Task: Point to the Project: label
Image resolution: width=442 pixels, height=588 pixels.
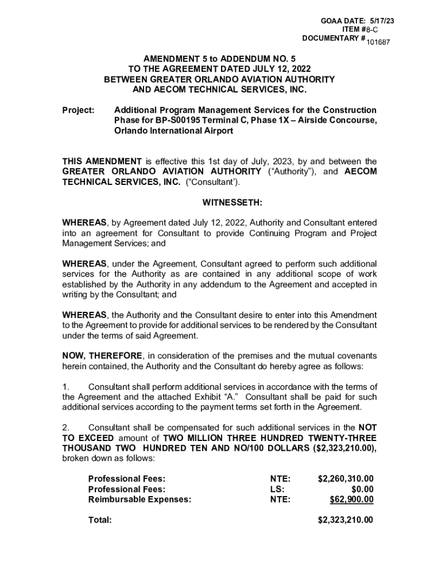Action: tap(78, 110)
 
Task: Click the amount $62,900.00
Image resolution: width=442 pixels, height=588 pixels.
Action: tap(351, 500)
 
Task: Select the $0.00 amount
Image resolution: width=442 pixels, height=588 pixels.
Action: tap(363, 489)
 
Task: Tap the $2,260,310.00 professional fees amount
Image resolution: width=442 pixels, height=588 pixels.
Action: tap(346, 479)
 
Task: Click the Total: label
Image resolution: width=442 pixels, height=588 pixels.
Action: tap(100, 520)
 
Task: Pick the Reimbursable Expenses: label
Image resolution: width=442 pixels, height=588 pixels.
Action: tap(139, 500)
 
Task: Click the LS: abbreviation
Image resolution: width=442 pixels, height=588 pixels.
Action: tap(277, 489)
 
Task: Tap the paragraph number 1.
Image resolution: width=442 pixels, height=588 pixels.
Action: tap(65, 386)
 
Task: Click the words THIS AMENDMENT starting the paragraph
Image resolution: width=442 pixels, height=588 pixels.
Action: tap(102, 161)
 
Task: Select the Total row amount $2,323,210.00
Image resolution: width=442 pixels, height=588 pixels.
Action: tap(346, 520)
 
